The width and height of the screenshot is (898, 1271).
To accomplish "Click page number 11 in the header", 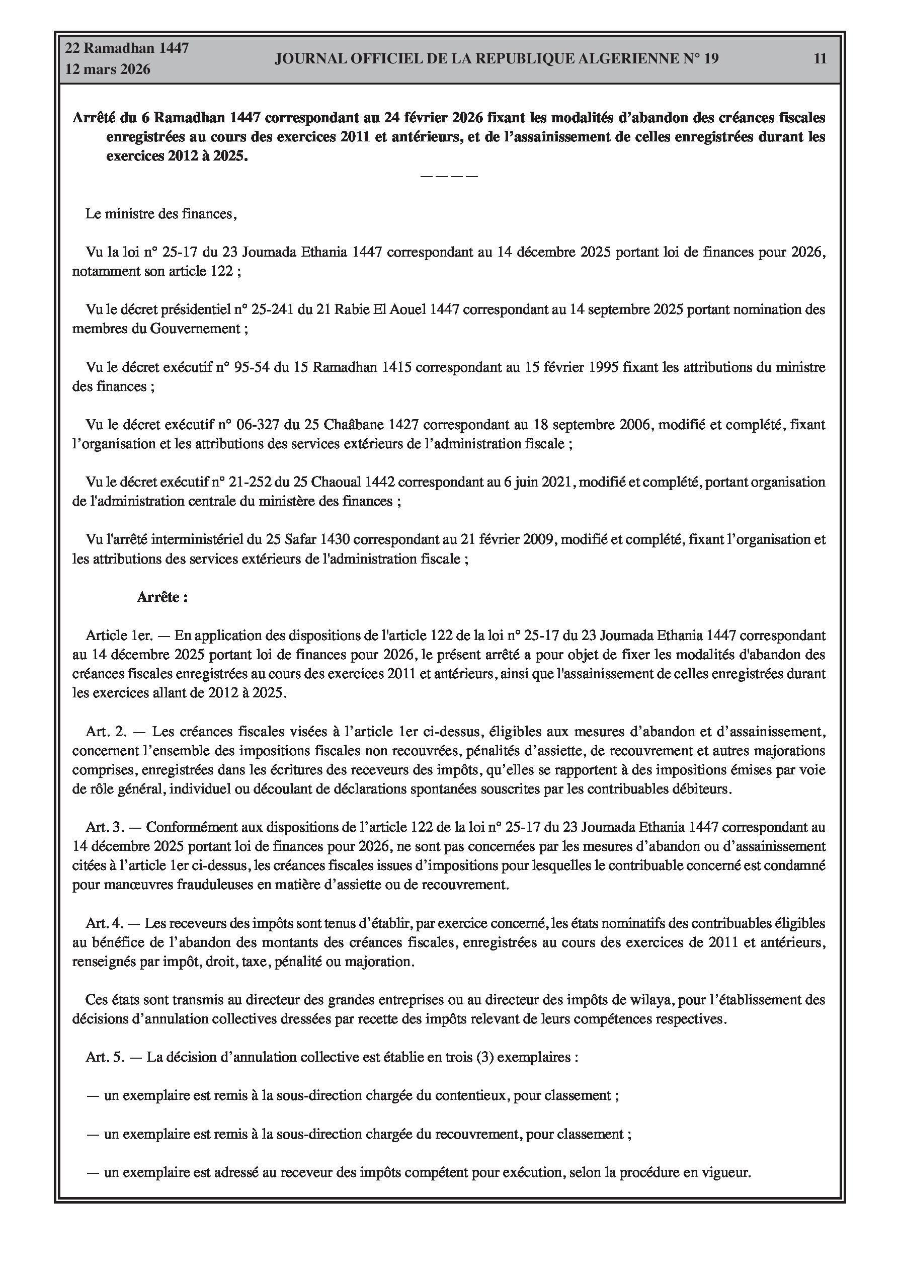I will (x=820, y=59).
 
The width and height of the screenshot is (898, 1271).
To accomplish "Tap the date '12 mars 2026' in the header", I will (x=108, y=70).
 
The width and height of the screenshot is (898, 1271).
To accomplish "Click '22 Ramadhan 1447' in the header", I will (x=127, y=48).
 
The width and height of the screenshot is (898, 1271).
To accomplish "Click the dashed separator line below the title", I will (x=449, y=176).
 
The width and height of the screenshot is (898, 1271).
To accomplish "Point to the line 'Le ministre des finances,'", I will (x=161, y=214).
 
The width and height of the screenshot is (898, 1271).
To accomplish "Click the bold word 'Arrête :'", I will (x=162, y=597).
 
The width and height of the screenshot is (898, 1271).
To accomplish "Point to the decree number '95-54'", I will (x=252, y=367).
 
